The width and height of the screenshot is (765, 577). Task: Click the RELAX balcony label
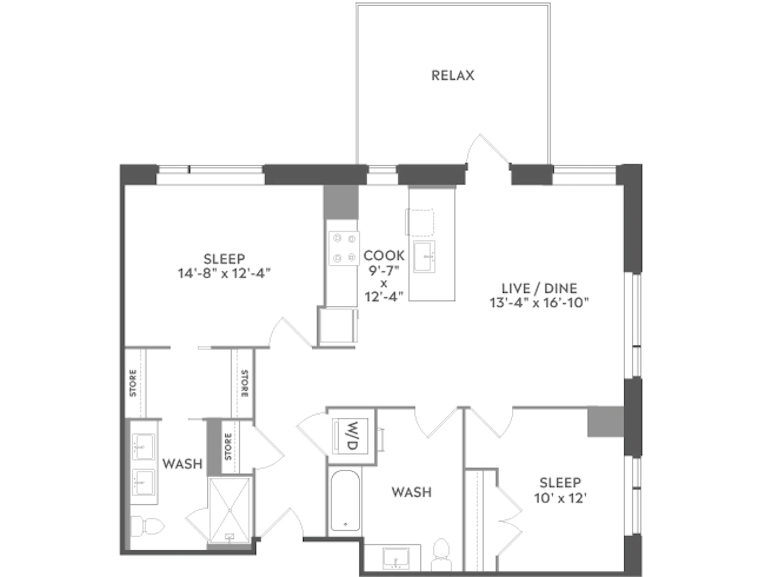(452, 75)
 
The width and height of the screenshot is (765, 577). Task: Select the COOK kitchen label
(384, 256)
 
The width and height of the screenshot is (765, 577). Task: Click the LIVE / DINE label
(539, 288)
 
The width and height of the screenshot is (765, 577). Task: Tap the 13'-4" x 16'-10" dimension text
(539, 303)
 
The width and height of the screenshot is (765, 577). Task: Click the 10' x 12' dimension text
(560, 498)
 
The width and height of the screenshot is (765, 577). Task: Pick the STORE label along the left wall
(133, 383)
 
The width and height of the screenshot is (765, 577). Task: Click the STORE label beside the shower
(228, 447)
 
